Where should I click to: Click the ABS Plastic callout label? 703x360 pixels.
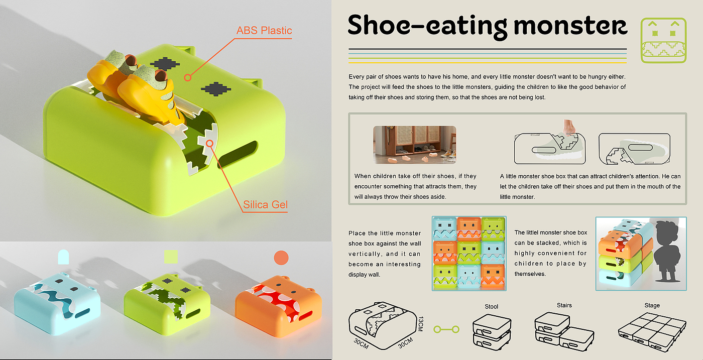264,31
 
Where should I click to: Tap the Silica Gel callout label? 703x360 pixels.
265,205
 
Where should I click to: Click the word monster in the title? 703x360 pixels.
570,26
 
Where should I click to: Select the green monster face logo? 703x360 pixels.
663,40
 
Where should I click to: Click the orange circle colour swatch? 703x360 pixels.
281,258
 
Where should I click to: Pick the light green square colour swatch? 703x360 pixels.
171,257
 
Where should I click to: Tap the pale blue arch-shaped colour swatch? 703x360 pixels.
63,257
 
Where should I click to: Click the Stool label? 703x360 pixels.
491,307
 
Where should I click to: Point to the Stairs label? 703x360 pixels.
564,305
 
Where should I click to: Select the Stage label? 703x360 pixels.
652,305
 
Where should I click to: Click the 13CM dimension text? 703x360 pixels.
421,323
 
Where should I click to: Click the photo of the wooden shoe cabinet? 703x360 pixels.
415,145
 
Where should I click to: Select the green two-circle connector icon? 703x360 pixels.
446,329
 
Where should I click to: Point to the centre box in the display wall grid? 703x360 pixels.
469,253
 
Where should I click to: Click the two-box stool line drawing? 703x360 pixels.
492,332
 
